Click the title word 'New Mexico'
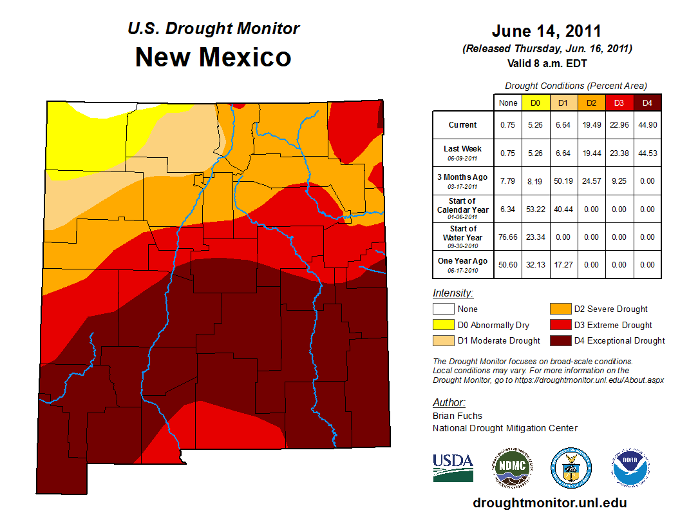(x=213, y=57)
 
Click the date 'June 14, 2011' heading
(x=547, y=31)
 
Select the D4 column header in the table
(x=647, y=102)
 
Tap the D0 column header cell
(x=535, y=102)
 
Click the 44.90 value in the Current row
(x=647, y=125)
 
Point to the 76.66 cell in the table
(x=508, y=237)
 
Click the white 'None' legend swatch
(x=442, y=309)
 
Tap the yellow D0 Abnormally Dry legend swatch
(x=442, y=326)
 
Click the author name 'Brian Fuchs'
(x=457, y=416)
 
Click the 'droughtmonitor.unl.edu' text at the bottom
(x=549, y=503)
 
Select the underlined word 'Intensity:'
(x=453, y=293)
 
